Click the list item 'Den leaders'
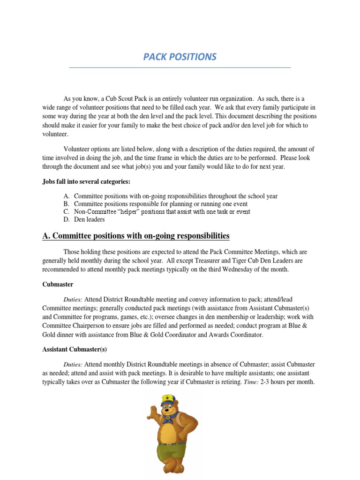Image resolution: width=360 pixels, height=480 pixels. (90, 219)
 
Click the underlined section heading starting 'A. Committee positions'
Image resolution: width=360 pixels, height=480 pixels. (136, 236)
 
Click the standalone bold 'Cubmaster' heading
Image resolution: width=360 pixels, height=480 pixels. (58, 284)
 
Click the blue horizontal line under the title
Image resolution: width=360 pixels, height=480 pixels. (180, 68)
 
